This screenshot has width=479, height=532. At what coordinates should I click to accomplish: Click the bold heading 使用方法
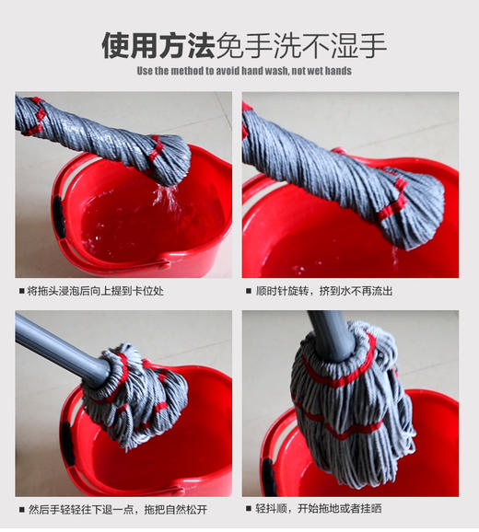click(158, 43)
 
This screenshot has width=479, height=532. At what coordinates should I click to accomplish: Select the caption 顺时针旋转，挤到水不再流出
click(324, 291)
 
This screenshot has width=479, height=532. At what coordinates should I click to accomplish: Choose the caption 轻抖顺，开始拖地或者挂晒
click(319, 508)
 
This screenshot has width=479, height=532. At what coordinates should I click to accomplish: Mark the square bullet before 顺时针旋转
click(249, 291)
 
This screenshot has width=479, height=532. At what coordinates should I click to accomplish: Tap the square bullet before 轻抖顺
click(249, 508)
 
